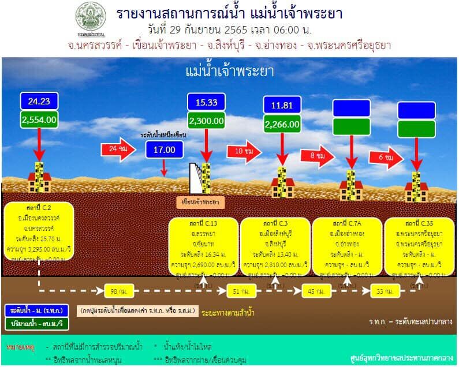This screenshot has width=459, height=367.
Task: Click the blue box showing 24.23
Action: [x=39, y=101]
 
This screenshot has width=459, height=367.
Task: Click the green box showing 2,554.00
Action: [x=39, y=119]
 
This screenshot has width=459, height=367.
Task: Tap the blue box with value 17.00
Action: [x=164, y=149]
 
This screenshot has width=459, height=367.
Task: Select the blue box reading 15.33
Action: [x=206, y=102]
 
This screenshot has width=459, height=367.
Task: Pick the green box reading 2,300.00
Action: [x=206, y=121]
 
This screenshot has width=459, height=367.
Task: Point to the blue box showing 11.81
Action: [x=282, y=104]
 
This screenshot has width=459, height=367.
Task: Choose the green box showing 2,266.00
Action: [x=282, y=123]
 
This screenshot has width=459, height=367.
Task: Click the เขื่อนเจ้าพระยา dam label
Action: [x=200, y=202]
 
